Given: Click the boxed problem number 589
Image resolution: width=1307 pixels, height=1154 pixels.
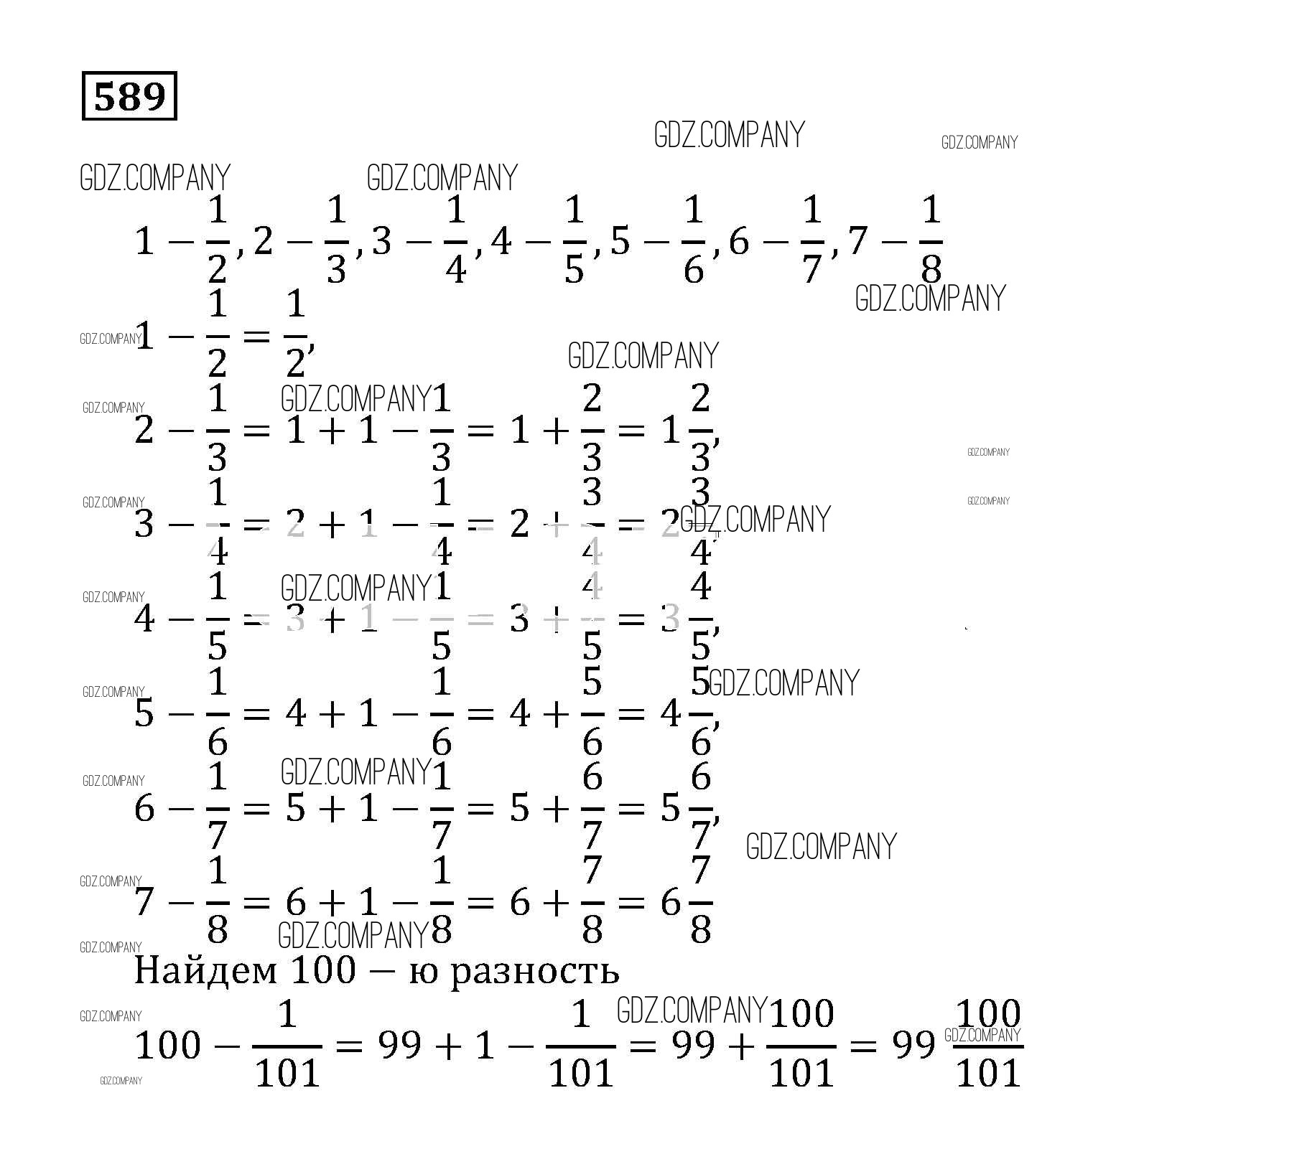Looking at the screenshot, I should click(129, 95).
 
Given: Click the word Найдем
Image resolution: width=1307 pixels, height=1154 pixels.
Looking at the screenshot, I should click(205, 970).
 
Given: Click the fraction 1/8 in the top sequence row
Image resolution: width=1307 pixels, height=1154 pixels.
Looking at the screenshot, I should click(931, 240).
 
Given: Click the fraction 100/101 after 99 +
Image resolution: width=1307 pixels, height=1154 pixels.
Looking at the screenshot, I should click(801, 1045).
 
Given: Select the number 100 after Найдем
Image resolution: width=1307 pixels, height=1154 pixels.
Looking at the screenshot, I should click(323, 970).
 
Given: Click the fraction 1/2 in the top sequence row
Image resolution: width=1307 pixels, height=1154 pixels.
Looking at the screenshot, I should click(217, 240).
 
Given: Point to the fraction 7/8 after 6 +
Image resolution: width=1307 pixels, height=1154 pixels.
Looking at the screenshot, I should click(592, 901).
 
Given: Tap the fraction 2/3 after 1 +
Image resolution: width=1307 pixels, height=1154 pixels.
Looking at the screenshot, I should click(592, 429).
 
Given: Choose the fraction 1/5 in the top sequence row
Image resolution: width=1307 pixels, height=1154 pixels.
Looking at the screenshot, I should click(575, 240).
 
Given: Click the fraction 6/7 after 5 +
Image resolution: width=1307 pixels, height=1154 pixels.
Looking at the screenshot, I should click(592, 807).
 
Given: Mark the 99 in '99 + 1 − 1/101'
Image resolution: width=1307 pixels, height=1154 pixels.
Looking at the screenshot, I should click(399, 1045).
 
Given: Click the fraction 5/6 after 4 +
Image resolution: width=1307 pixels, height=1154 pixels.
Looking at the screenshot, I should click(592, 713).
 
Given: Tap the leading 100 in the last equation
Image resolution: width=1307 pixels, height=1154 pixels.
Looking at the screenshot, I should click(167, 1045).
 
